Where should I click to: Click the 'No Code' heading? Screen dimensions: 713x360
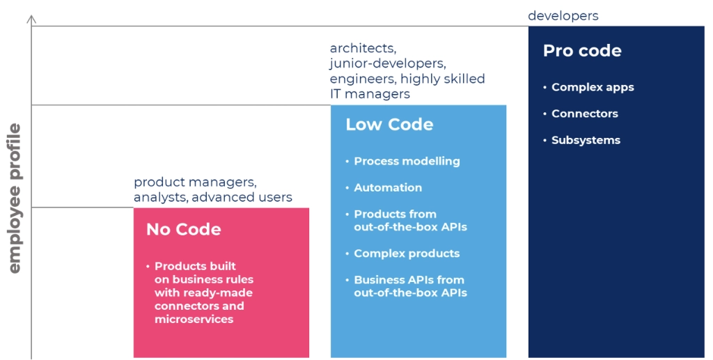coord(183,229)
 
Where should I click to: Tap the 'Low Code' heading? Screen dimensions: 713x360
coord(389,125)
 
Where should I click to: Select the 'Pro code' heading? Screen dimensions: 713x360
coord(582,50)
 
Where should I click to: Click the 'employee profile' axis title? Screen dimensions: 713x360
coord(15,198)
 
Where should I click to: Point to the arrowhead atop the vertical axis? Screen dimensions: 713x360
coord(31,18)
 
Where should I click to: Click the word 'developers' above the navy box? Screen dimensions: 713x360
coord(563,16)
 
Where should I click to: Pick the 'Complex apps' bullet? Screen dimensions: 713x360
coord(593,87)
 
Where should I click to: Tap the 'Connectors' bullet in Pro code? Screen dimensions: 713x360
coord(585,114)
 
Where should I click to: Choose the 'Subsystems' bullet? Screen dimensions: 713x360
coord(586,140)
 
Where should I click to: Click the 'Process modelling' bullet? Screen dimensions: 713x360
coord(407,162)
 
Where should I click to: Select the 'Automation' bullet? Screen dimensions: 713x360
coord(388,188)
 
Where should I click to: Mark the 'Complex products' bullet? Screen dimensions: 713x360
coord(407,253)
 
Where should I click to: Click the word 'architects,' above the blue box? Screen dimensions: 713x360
coord(363,48)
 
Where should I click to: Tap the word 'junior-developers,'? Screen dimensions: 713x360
coord(388,63)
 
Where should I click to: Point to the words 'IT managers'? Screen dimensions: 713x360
coord(370,94)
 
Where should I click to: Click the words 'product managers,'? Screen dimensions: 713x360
coord(195,182)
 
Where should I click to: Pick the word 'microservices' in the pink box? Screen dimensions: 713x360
coord(194,319)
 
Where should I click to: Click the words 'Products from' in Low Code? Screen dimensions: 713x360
coord(395,214)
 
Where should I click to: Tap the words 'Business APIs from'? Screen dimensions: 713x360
coord(409,280)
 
